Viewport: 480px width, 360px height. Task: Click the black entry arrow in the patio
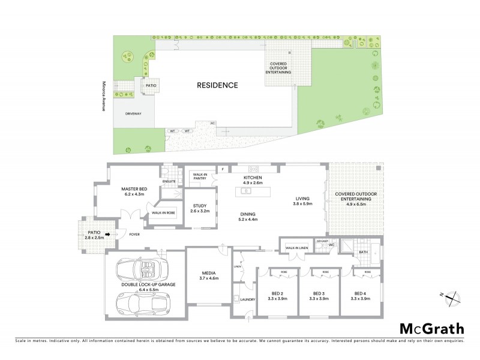pyautogui.click(x=108, y=235)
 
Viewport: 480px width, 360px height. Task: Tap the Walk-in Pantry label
pyautogui.click(x=198, y=176)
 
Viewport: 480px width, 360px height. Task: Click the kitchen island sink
pyautogui.click(x=245, y=191)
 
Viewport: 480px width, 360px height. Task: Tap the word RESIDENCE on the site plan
pyautogui.click(x=217, y=85)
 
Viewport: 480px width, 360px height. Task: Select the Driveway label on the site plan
pyautogui.click(x=133, y=112)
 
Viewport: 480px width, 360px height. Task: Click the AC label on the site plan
pyautogui.click(x=212, y=124)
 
